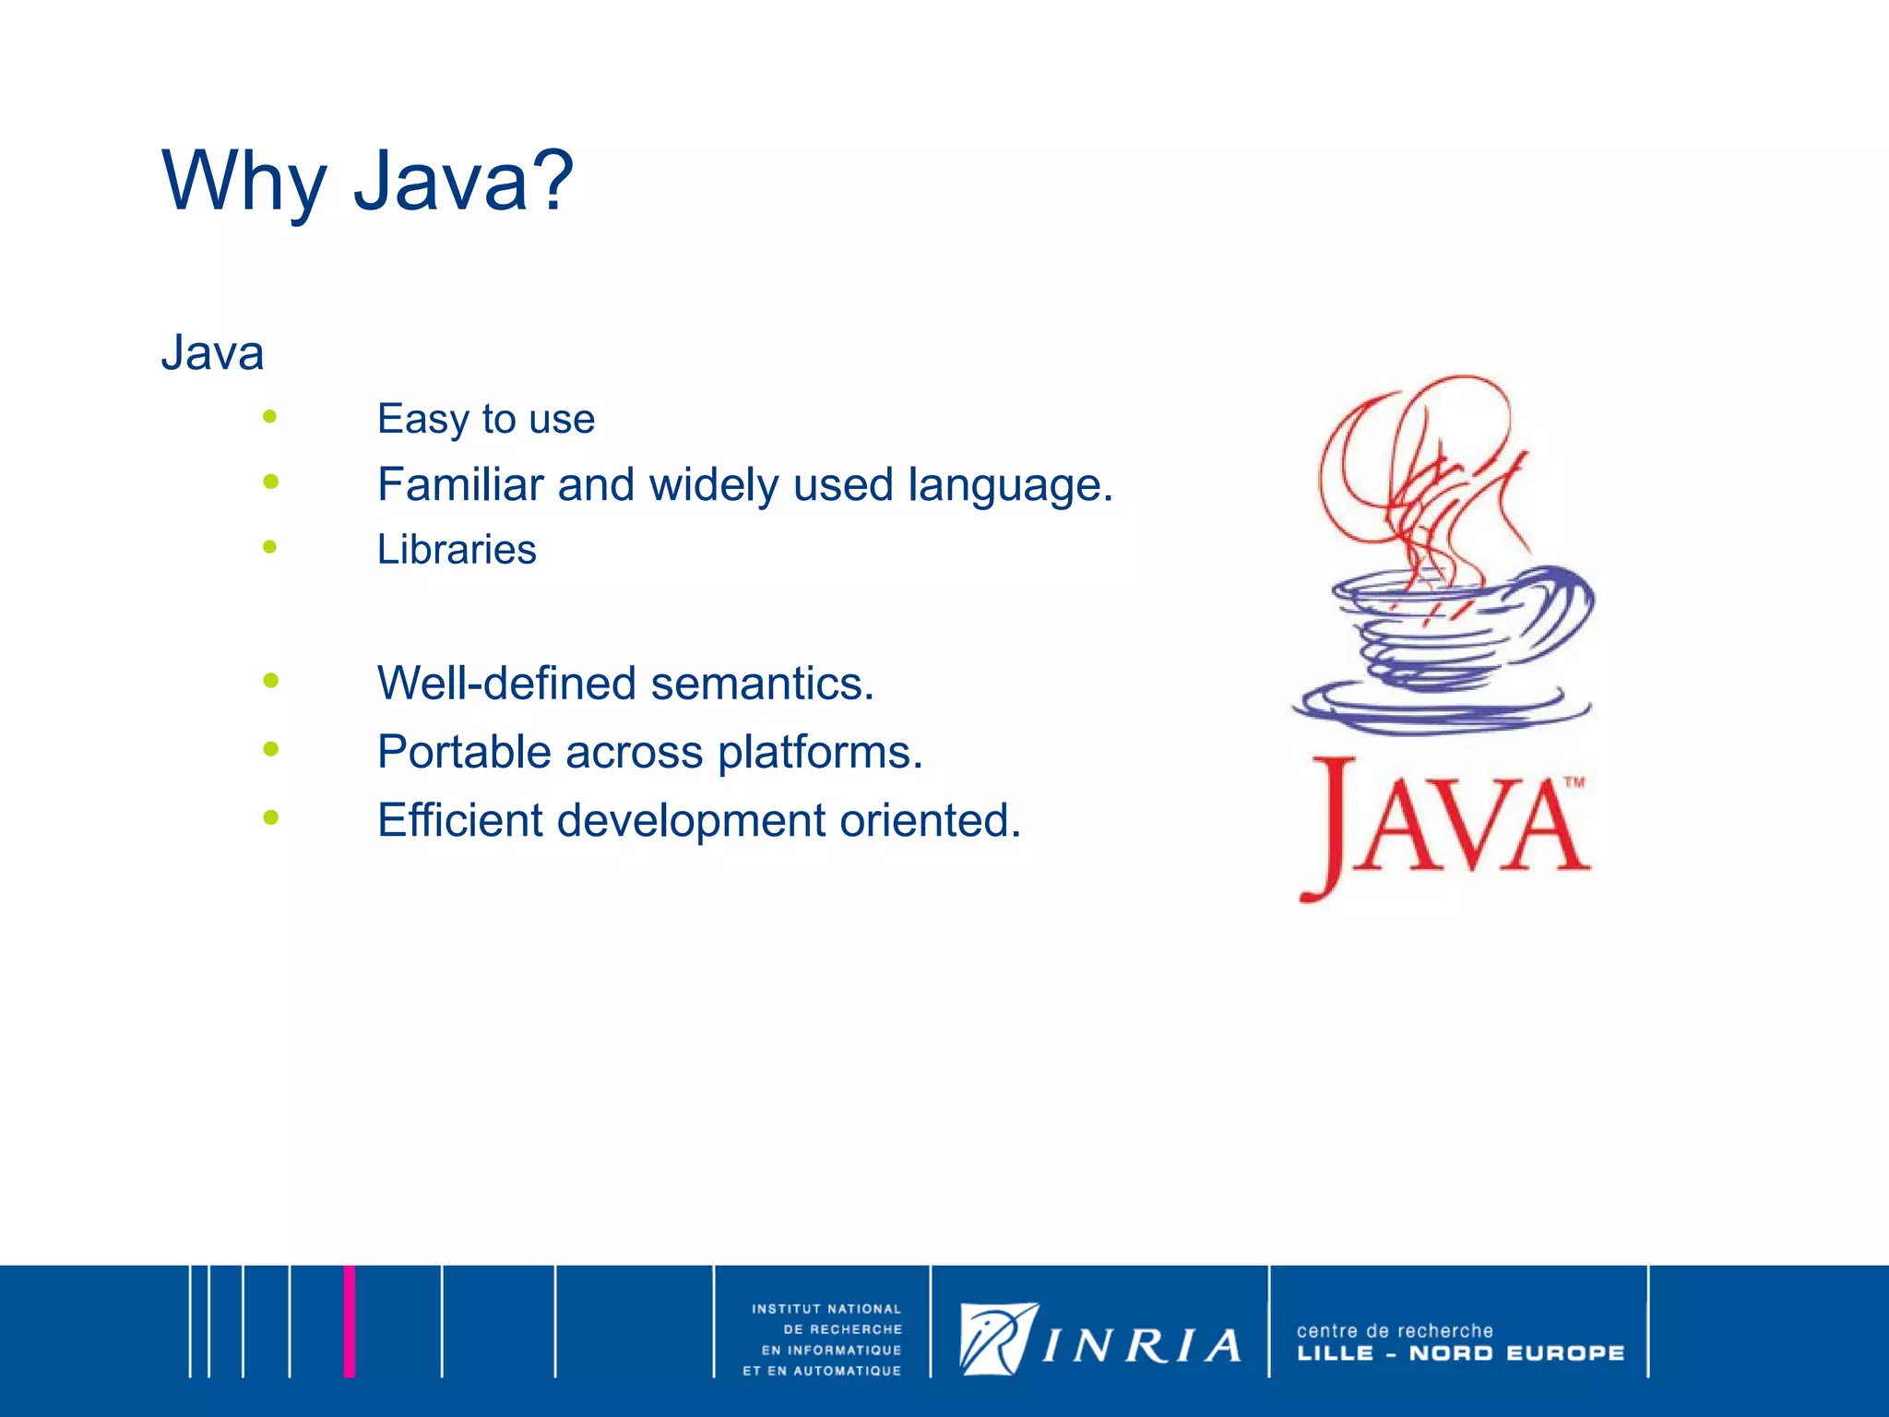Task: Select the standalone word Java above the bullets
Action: pos(212,353)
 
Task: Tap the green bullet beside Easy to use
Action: pos(269,416)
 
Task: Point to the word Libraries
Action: pos(457,550)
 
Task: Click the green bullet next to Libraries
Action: pos(269,547)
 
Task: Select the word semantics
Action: pos(762,684)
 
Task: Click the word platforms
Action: pos(820,752)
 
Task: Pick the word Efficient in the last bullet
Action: pos(459,820)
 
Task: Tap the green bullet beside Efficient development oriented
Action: pos(270,816)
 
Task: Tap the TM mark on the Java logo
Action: pos(1574,782)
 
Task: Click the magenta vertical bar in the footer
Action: pos(349,1321)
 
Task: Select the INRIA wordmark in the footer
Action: pos(1141,1346)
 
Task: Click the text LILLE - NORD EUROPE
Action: pos(1460,1353)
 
